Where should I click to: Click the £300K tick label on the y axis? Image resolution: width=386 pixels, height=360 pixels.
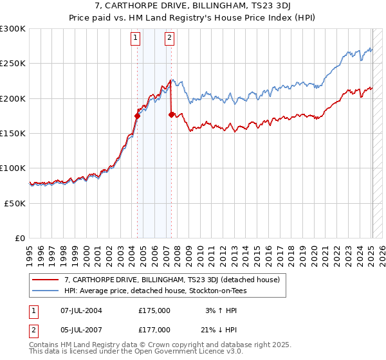13,29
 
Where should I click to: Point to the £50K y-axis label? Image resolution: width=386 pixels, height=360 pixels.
15,203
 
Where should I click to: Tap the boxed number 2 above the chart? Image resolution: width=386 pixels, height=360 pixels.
169,38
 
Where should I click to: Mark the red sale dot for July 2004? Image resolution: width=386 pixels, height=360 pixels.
137,116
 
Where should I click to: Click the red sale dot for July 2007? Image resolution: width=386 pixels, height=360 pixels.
171,115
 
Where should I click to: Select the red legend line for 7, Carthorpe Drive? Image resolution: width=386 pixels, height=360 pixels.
45,280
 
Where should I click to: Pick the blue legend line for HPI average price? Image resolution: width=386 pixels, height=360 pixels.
45,291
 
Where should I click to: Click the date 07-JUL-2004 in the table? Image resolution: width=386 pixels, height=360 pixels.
82,310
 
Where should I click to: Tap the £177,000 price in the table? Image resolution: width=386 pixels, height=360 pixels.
154,329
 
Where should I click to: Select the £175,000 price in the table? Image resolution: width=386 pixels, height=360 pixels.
154,310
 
